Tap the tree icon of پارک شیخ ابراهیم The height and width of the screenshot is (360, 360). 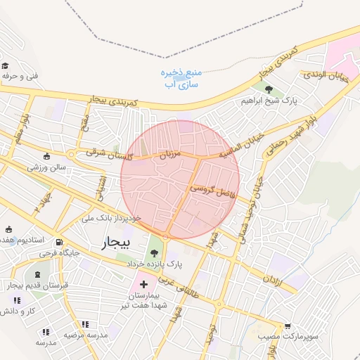pyautogui.click(x=269, y=89)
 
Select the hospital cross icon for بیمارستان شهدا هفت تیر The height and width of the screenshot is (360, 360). pyautogui.click(x=144, y=285)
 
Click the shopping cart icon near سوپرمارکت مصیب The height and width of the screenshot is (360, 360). pyautogui.click(x=288, y=326)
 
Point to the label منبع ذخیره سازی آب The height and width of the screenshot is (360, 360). pyautogui.click(x=181, y=78)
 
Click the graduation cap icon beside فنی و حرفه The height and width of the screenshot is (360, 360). pyautogui.click(x=5, y=65)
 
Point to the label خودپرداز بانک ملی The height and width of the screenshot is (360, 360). pyautogui.click(x=112, y=218)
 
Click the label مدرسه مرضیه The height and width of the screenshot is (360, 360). pyautogui.click(x=86, y=335)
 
